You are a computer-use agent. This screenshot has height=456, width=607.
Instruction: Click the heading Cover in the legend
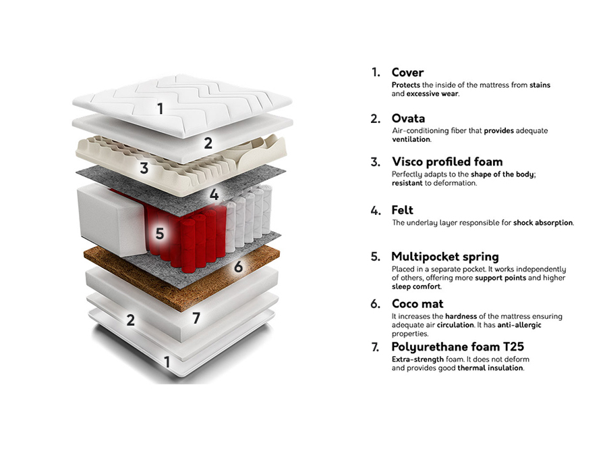(407, 72)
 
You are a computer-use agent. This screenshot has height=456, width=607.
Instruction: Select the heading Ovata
(408, 119)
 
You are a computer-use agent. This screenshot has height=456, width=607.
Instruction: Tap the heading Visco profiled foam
(446, 162)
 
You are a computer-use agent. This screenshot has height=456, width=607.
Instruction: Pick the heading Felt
(402, 210)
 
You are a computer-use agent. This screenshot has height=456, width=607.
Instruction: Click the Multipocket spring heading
(445, 257)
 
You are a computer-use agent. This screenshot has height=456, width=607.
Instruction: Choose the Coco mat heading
(417, 303)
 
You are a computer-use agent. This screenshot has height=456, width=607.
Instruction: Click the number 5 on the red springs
(160, 234)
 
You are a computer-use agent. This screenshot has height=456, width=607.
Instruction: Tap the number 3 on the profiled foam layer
(144, 168)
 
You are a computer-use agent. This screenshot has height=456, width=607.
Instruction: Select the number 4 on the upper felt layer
(214, 195)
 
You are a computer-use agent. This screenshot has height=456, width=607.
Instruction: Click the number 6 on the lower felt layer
(238, 266)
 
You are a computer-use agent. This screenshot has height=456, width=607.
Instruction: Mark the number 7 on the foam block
(196, 317)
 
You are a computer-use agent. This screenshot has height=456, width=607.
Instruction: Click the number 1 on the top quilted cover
(161, 108)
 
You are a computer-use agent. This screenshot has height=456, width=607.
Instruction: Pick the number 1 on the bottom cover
(167, 363)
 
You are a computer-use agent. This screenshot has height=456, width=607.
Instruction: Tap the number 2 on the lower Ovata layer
(131, 321)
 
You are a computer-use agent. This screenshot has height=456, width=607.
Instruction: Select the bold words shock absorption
(543, 222)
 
